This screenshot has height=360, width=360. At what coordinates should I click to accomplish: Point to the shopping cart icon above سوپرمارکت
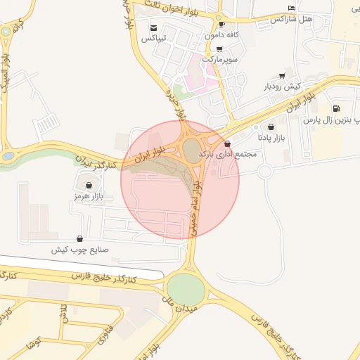219,49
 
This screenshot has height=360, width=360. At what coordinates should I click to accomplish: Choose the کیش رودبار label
282,86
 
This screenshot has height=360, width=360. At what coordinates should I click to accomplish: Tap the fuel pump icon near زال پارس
336,109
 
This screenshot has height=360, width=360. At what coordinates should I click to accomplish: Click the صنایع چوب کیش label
79,250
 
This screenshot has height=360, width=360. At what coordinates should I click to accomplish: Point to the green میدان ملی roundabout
186,288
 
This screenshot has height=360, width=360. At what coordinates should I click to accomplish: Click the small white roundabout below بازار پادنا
265,172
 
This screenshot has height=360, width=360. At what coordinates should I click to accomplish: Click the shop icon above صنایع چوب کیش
79,238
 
